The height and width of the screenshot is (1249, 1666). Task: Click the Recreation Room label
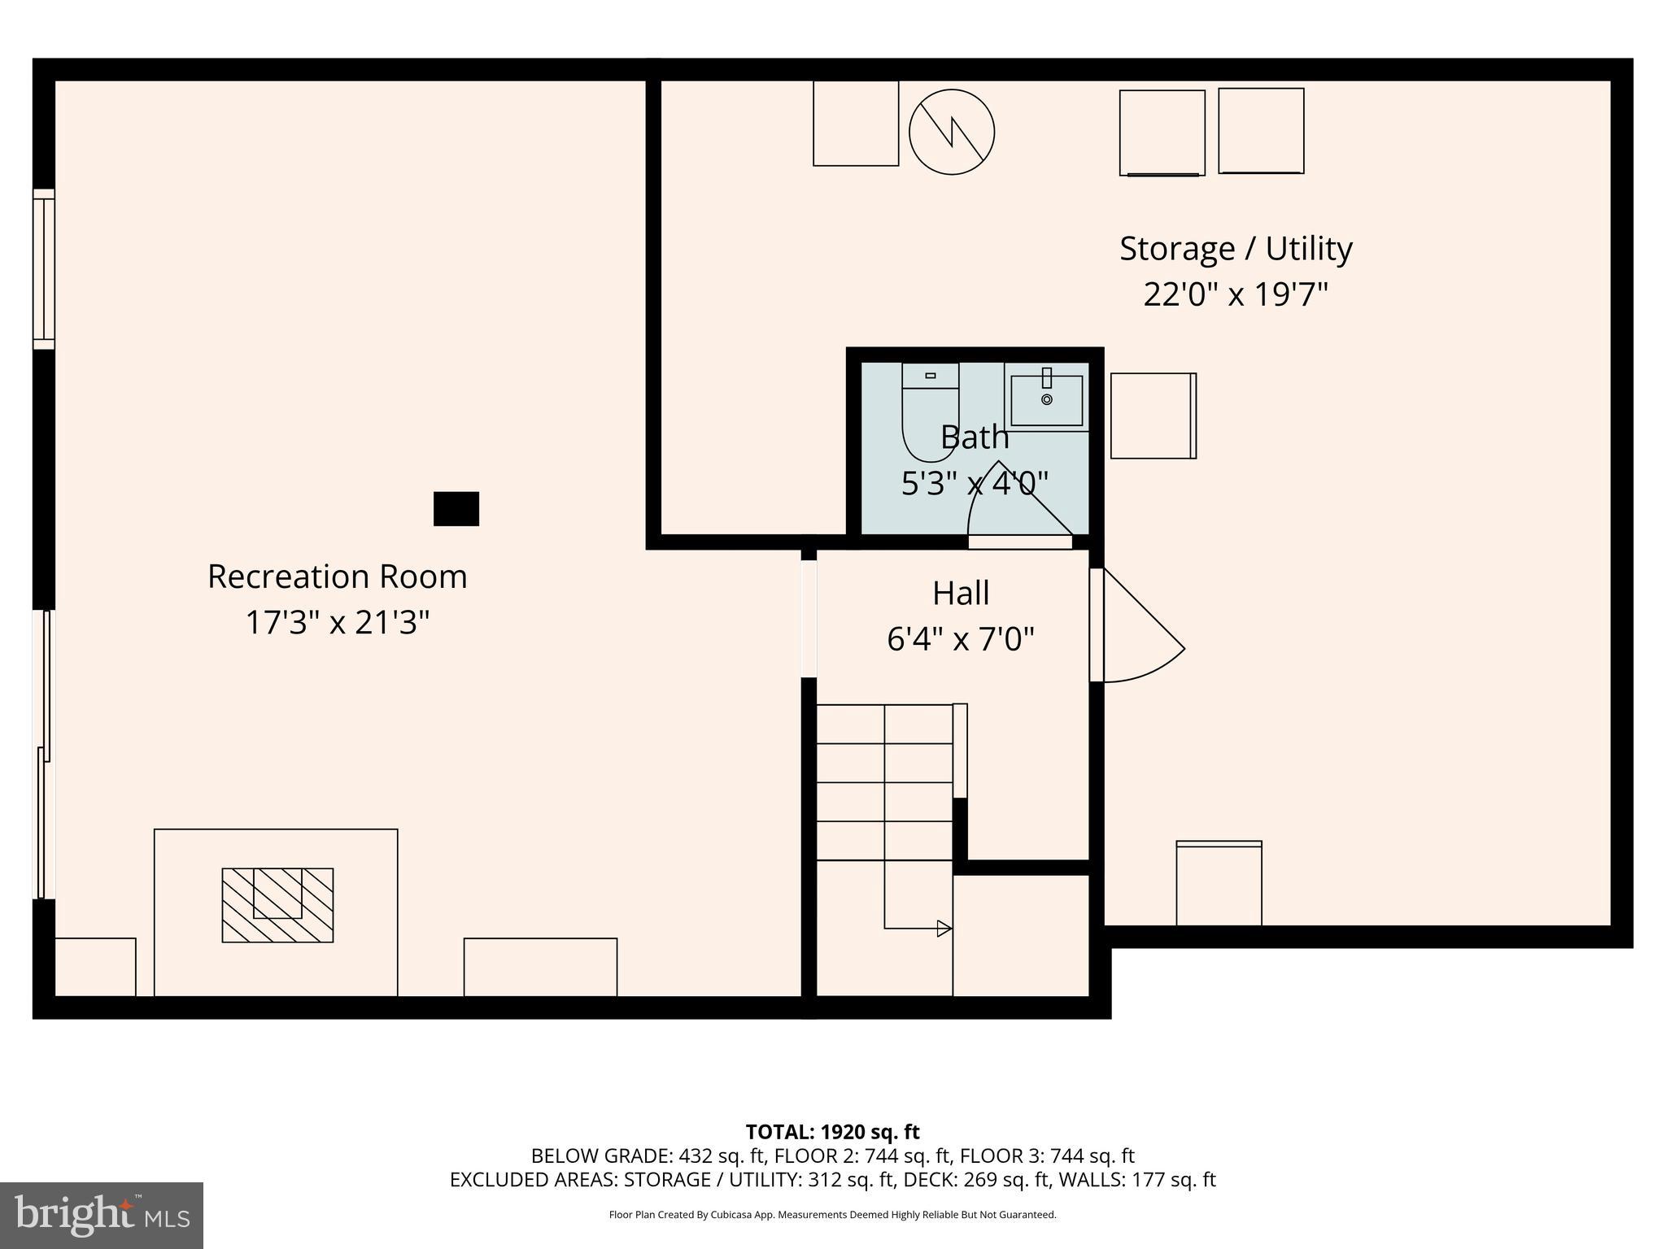pos(337,577)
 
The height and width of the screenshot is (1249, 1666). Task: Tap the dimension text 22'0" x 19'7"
pos(1235,294)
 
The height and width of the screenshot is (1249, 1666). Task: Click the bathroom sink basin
pos(1046,400)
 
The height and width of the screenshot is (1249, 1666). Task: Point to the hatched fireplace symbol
pos(277,905)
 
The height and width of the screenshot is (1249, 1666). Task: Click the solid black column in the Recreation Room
pos(456,509)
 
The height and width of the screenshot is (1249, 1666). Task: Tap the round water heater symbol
pos(951,132)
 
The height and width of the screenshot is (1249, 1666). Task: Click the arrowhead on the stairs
pos(944,928)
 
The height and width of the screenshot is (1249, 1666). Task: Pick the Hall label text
pos(961,593)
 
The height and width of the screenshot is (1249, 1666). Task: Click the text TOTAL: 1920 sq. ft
pos(832,1132)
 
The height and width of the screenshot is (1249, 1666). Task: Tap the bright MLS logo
pos(102,1215)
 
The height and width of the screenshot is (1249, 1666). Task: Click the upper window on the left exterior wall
pos(44,269)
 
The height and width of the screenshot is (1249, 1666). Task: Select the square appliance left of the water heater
pos(856,124)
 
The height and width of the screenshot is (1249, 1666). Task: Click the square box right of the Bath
pos(1153,416)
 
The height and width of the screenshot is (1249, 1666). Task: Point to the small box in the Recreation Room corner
pos(95,967)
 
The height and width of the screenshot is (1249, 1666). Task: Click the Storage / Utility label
pos(1235,249)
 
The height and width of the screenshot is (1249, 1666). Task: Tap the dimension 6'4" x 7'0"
pos(961,639)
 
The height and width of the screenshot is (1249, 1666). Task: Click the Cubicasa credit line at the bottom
pos(832,1215)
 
